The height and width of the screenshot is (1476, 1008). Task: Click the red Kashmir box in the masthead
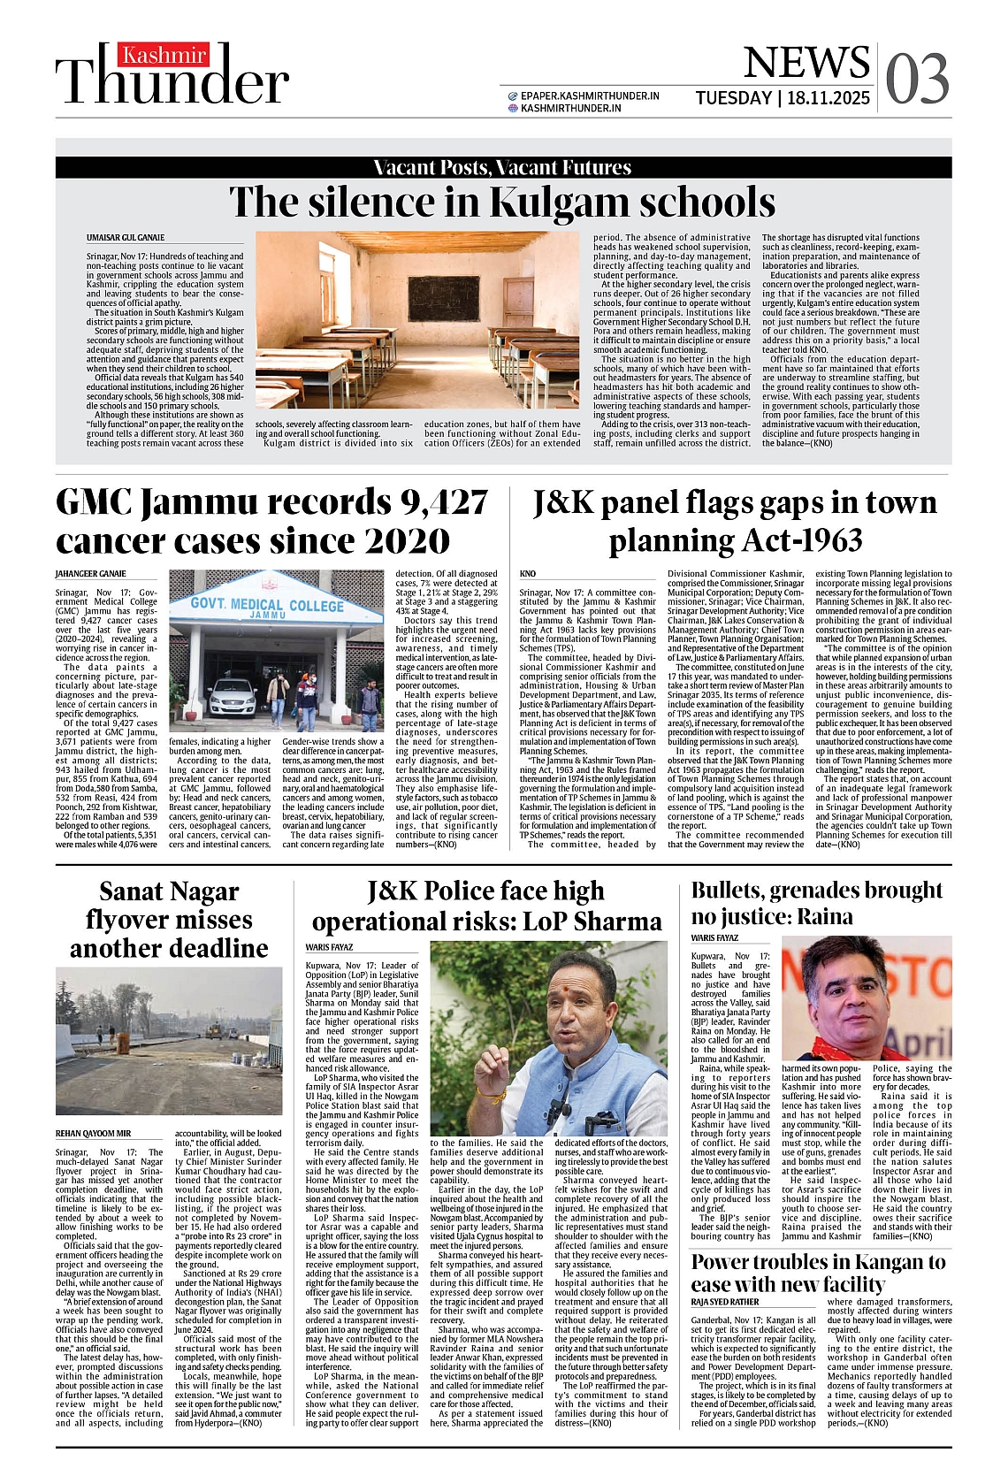(x=164, y=56)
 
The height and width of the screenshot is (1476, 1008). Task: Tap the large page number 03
(x=917, y=79)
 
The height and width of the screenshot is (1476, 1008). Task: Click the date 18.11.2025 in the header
(x=829, y=98)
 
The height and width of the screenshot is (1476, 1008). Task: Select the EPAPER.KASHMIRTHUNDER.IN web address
(x=590, y=96)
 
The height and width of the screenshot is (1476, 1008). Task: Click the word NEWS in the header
(x=806, y=62)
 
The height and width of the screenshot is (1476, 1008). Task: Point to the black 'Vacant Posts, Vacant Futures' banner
(x=503, y=167)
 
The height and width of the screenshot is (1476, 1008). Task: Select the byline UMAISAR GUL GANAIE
(x=126, y=238)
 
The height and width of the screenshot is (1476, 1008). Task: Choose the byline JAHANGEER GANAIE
(x=91, y=574)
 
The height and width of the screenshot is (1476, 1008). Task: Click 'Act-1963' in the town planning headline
(x=793, y=540)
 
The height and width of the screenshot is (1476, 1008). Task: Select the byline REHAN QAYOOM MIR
(x=93, y=1133)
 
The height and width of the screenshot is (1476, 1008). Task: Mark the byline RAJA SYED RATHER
(x=725, y=1302)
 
